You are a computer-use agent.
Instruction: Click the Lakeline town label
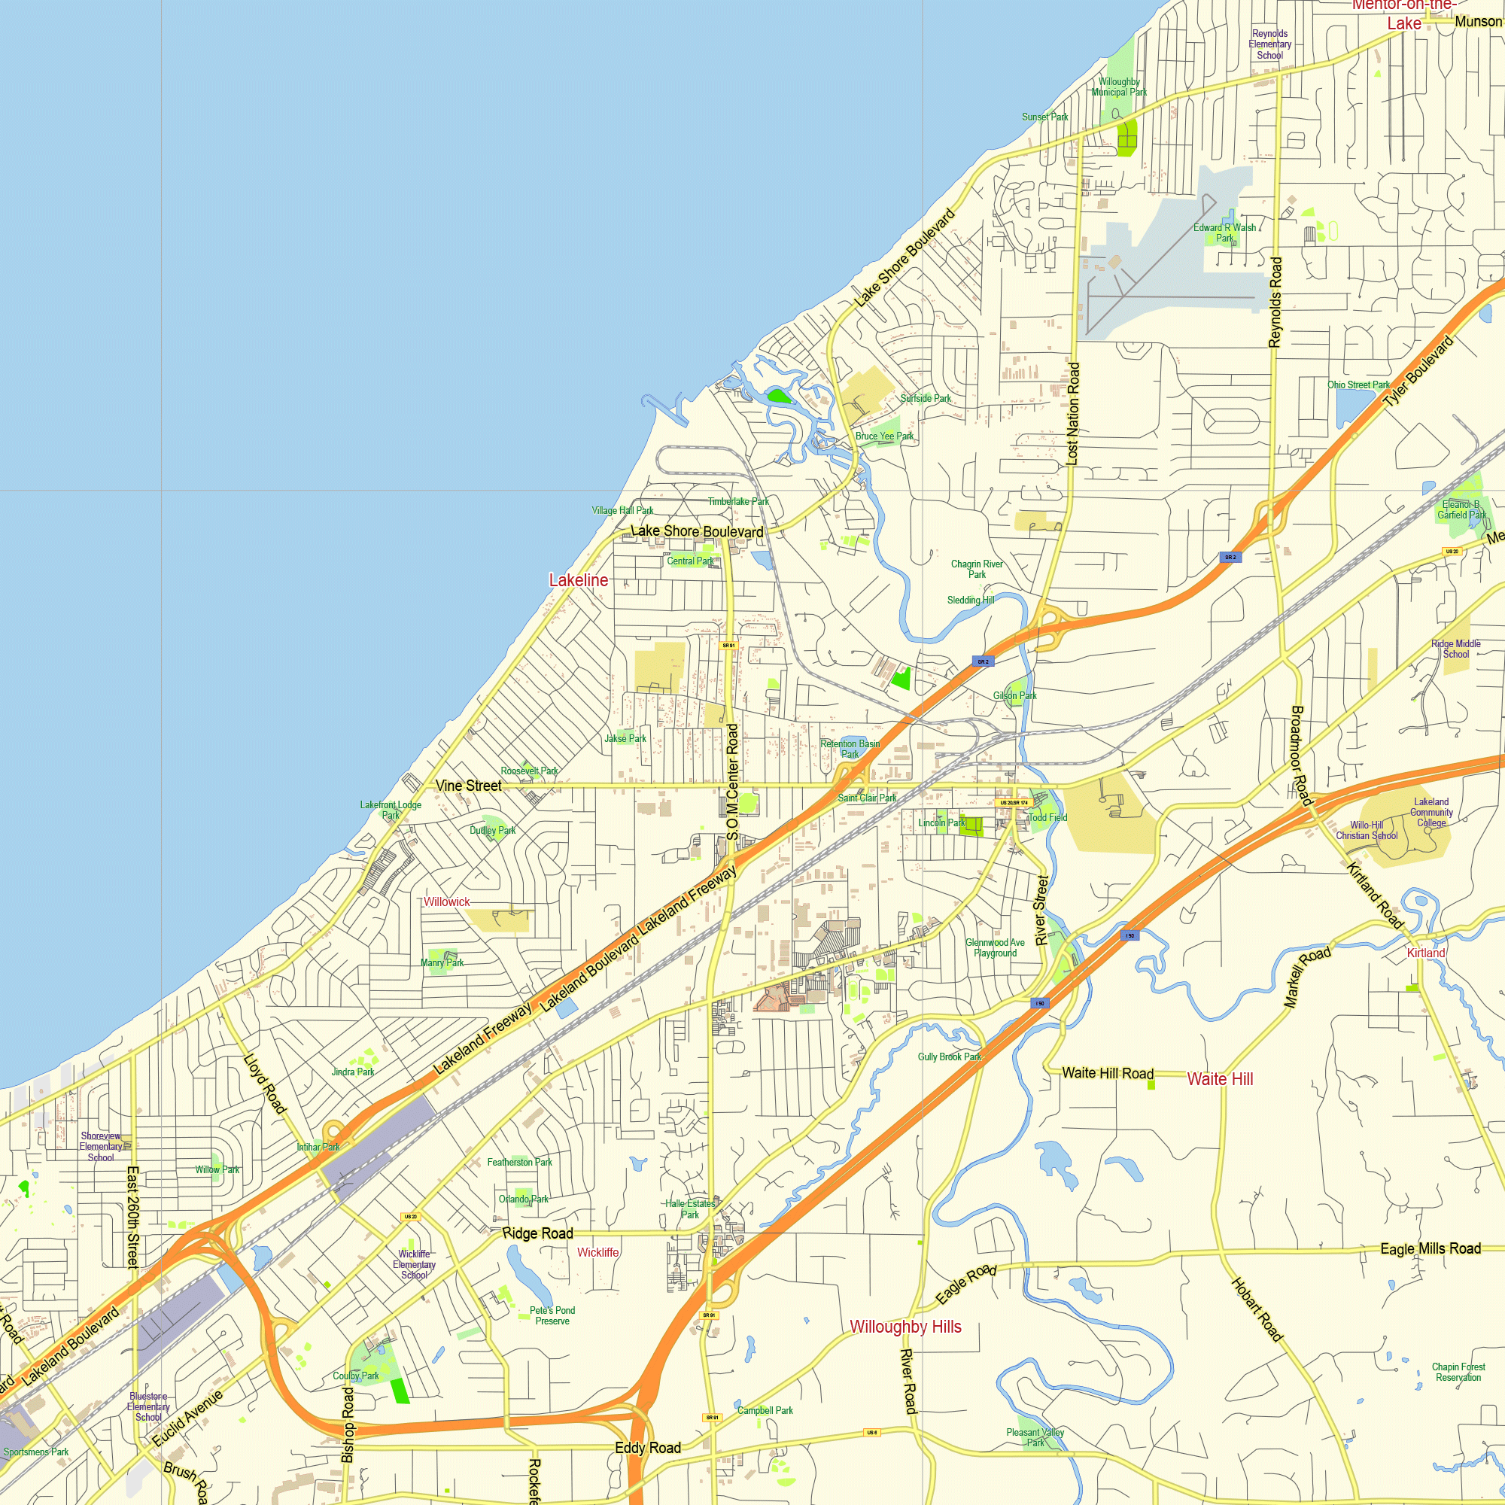[x=578, y=580]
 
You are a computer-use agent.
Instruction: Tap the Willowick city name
[x=446, y=902]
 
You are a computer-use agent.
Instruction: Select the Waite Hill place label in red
[x=1220, y=1079]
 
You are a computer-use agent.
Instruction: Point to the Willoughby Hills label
[x=905, y=1327]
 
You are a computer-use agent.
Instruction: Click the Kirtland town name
[x=1425, y=953]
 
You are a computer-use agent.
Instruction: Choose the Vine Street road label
[x=468, y=786]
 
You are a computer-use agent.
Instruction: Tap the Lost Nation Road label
[x=1072, y=414]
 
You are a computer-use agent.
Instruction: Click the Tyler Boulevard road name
[x=1418, y=372]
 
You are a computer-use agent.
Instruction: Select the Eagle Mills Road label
[x=1431, y=1248]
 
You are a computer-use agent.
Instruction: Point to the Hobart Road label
[x=1256, y=1309]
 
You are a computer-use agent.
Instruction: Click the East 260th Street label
[x=133, y=1218]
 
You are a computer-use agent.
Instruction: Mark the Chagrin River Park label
[x=977, y=570]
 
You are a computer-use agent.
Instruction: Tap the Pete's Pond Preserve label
[x=552, y=1315]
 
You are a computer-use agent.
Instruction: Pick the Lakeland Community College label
[x=1431, y=813]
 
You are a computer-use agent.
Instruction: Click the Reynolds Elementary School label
[x=1269, y=44]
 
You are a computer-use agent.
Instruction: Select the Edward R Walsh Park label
[x=1224, y=233]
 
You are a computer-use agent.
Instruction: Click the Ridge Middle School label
[x=1456, y=649]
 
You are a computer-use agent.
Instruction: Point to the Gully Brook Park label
[x=950, y=1057]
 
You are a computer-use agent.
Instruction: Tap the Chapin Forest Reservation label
[x=1458, y=1372]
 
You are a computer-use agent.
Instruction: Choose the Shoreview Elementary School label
[x=102, y=1147]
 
